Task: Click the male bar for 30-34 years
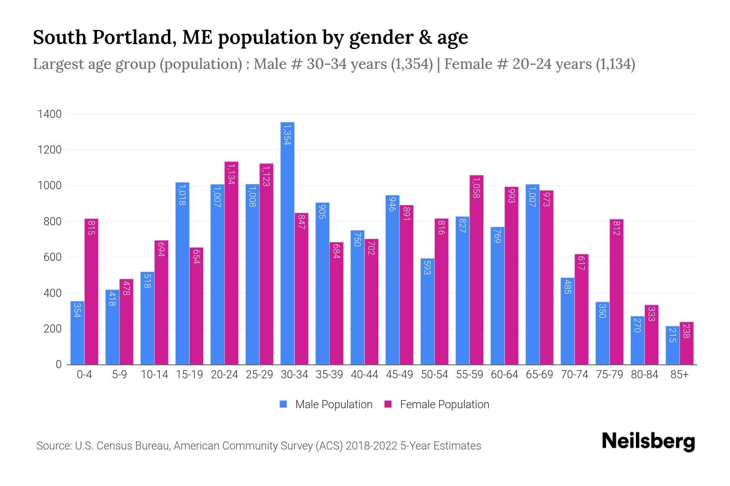pyautogui.click(x=287, y=243)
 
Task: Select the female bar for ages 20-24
pyautogui.click(x=232, y=263)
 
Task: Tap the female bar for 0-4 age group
pyautogui.click(x=91, y=292)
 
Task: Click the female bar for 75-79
pyautogui.click(x=616, y=292)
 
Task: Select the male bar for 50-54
pyautogui.click(x=427, y=311)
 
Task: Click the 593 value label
pyautogui.click(x=427, y=268)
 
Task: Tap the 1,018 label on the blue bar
pyautogui.click(x=182, y=194)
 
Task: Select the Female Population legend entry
pyautogui.click(x=437, y=405)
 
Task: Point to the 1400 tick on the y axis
pyautogui.click(x=49, y=114)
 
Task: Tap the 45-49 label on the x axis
pyautogui.click(x=399, y=375)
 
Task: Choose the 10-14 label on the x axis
pyautogui.click(x=154, y=375)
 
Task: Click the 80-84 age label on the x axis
pyautogui.click(x=644, y=375)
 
